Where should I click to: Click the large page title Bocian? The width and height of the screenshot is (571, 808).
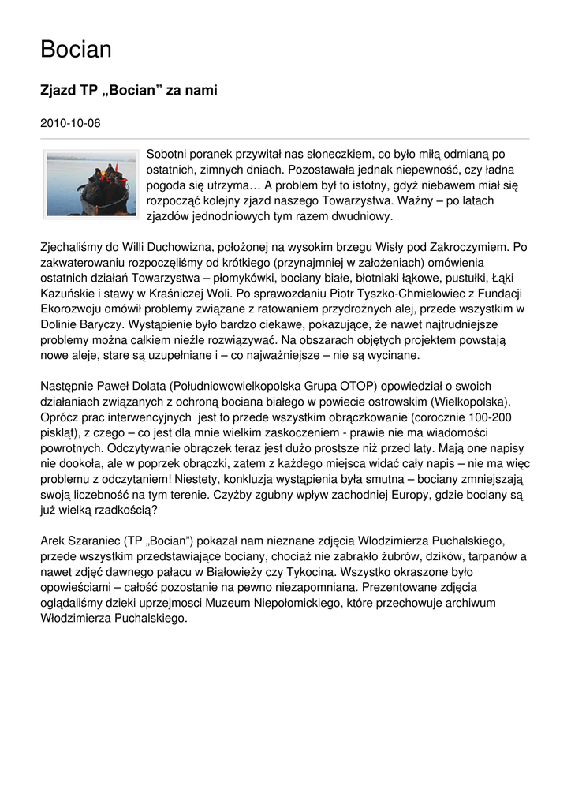point(76,50)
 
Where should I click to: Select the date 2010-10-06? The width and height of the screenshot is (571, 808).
point(70,123)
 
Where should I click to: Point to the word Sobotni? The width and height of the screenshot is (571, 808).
point(170,154)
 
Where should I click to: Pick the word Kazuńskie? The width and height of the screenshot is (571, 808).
point(69,293)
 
